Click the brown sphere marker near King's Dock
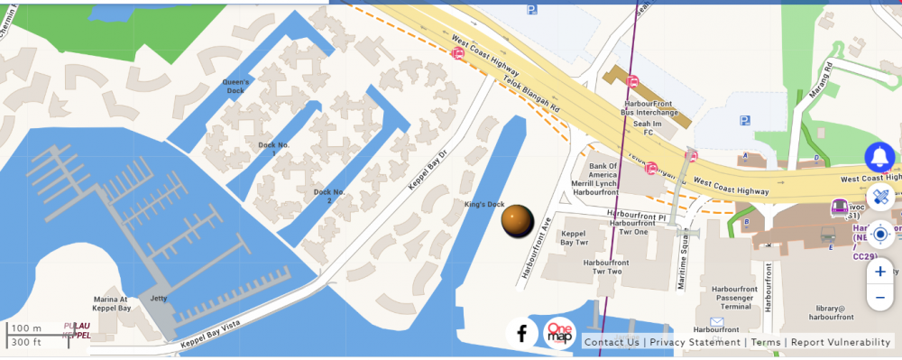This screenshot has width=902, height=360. (517, 221)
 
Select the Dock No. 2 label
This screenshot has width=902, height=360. (329, 196)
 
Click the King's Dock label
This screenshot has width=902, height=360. (484, 204)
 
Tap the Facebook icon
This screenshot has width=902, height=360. (521, 333)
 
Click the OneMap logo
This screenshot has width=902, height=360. (559, 333)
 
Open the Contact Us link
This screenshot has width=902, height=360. (611, 342)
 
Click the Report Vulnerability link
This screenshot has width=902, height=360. (841, 342)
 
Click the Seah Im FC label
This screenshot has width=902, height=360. (641, 128)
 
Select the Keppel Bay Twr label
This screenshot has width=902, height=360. (575, 238)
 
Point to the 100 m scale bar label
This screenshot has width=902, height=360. (26, 328)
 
